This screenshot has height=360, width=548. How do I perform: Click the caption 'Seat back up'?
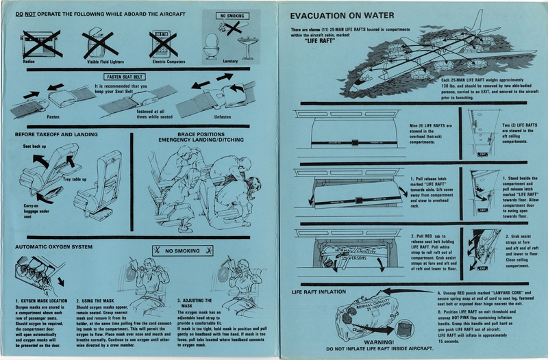tap(35, 146)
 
